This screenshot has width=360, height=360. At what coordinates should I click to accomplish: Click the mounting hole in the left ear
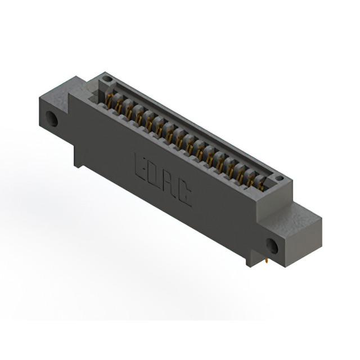coord(52,119)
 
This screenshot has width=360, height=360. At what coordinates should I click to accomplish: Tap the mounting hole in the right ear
coord(272,246)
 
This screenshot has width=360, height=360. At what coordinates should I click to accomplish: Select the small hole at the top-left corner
coord(107,79)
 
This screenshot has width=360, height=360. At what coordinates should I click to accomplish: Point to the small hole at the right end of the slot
coord(279,178)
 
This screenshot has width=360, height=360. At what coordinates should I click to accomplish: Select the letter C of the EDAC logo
coord(184,195)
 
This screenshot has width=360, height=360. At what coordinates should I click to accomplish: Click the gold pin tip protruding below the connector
coord(266,261)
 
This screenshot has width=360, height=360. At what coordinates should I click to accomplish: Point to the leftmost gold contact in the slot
coord(110,101)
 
